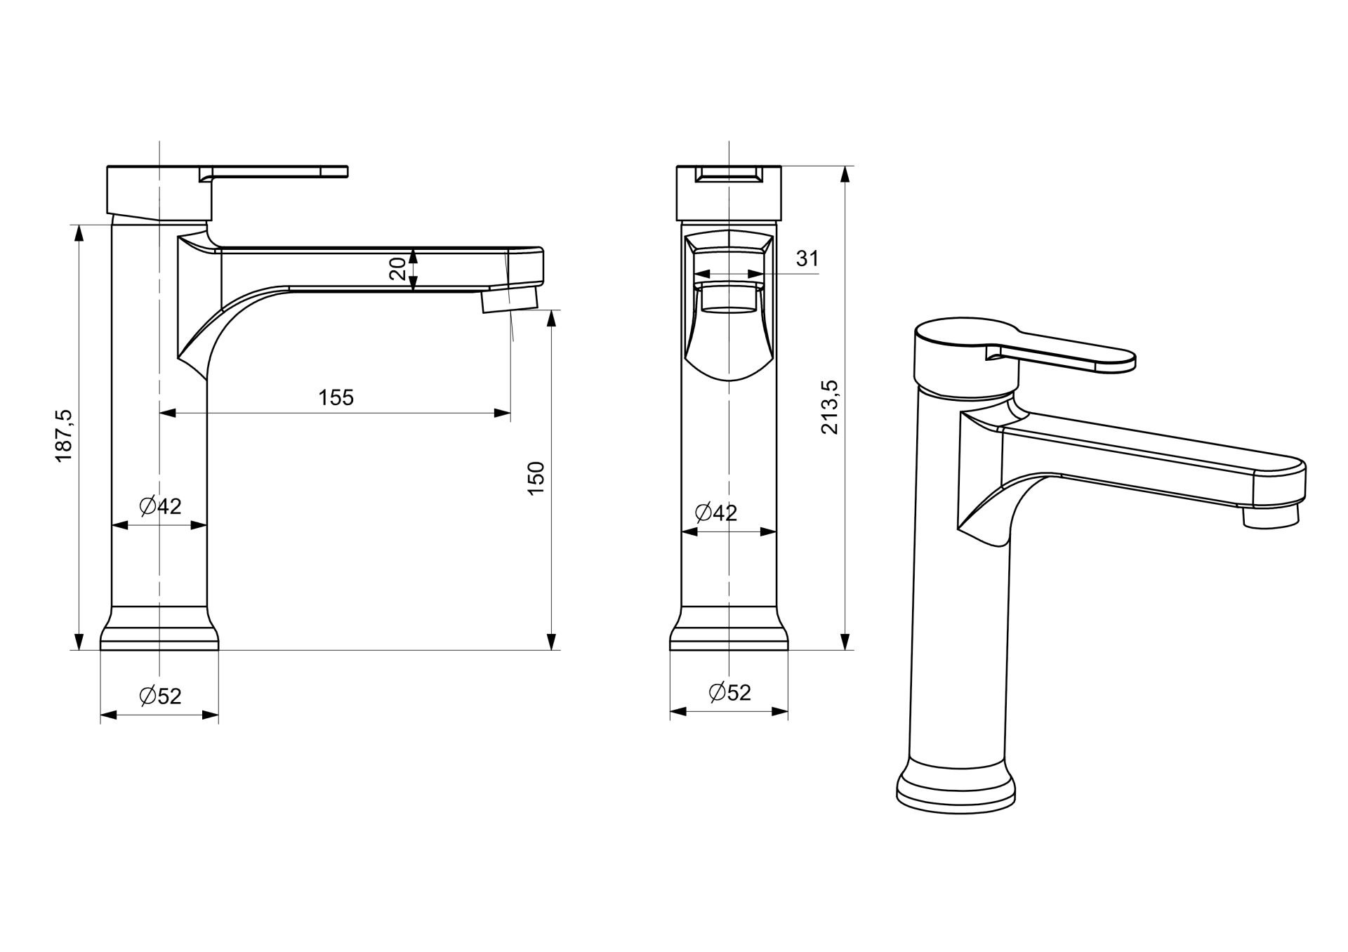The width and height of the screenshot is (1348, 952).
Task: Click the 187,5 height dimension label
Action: (x=65, y=436)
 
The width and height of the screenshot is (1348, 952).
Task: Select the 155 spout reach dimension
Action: (x=336, y=397)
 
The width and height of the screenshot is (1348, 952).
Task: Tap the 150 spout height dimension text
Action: (x=536, y=478)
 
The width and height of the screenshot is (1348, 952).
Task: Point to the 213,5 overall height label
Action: (x=830, y=407)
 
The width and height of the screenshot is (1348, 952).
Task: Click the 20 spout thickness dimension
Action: (x=397, y=269)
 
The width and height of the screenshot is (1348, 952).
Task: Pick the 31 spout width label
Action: (x=807, y=258)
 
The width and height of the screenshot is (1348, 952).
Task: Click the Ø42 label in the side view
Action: (x=160, y=505)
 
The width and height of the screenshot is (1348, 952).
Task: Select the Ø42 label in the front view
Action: (x=716, y=513)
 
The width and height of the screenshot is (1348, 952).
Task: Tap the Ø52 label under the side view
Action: (x=160, y=696)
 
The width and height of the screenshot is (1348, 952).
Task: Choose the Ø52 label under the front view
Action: (x=730, y=692)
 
